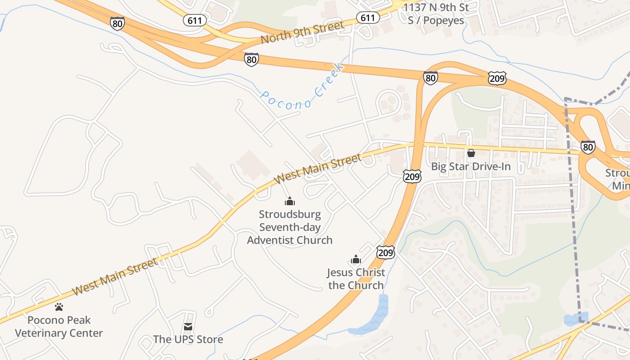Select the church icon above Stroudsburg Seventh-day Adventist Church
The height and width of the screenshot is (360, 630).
[x=290, y=201]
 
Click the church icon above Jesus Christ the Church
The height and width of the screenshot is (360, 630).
[x=356, y=260]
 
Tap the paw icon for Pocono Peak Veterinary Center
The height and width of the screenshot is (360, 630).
[x=59, y=307]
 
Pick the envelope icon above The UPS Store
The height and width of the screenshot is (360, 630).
[x=188, y=327]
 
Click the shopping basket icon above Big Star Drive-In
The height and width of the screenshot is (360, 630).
[x=471, y=153]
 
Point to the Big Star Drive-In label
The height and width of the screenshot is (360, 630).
[x=471, y=167]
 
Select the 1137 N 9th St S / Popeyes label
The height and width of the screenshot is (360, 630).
[x=436, y=13]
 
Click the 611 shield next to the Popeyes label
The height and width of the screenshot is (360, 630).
[x=368, y=18]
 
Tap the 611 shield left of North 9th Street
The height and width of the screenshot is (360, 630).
[x=195, y=20]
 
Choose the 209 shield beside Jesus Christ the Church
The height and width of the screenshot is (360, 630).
[x=386, y=252]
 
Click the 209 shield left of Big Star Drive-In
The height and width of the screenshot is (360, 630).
[x=412, y=176]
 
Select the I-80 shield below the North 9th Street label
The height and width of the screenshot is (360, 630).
[x=252, y=59]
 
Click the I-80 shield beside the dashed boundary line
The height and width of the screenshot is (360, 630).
[x=588, y=147]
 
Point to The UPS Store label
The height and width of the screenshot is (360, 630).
[x=188, y=339]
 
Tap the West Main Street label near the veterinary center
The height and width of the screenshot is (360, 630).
[x=115, y=276]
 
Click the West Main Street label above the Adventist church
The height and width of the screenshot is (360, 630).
[x=318, y=169]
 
